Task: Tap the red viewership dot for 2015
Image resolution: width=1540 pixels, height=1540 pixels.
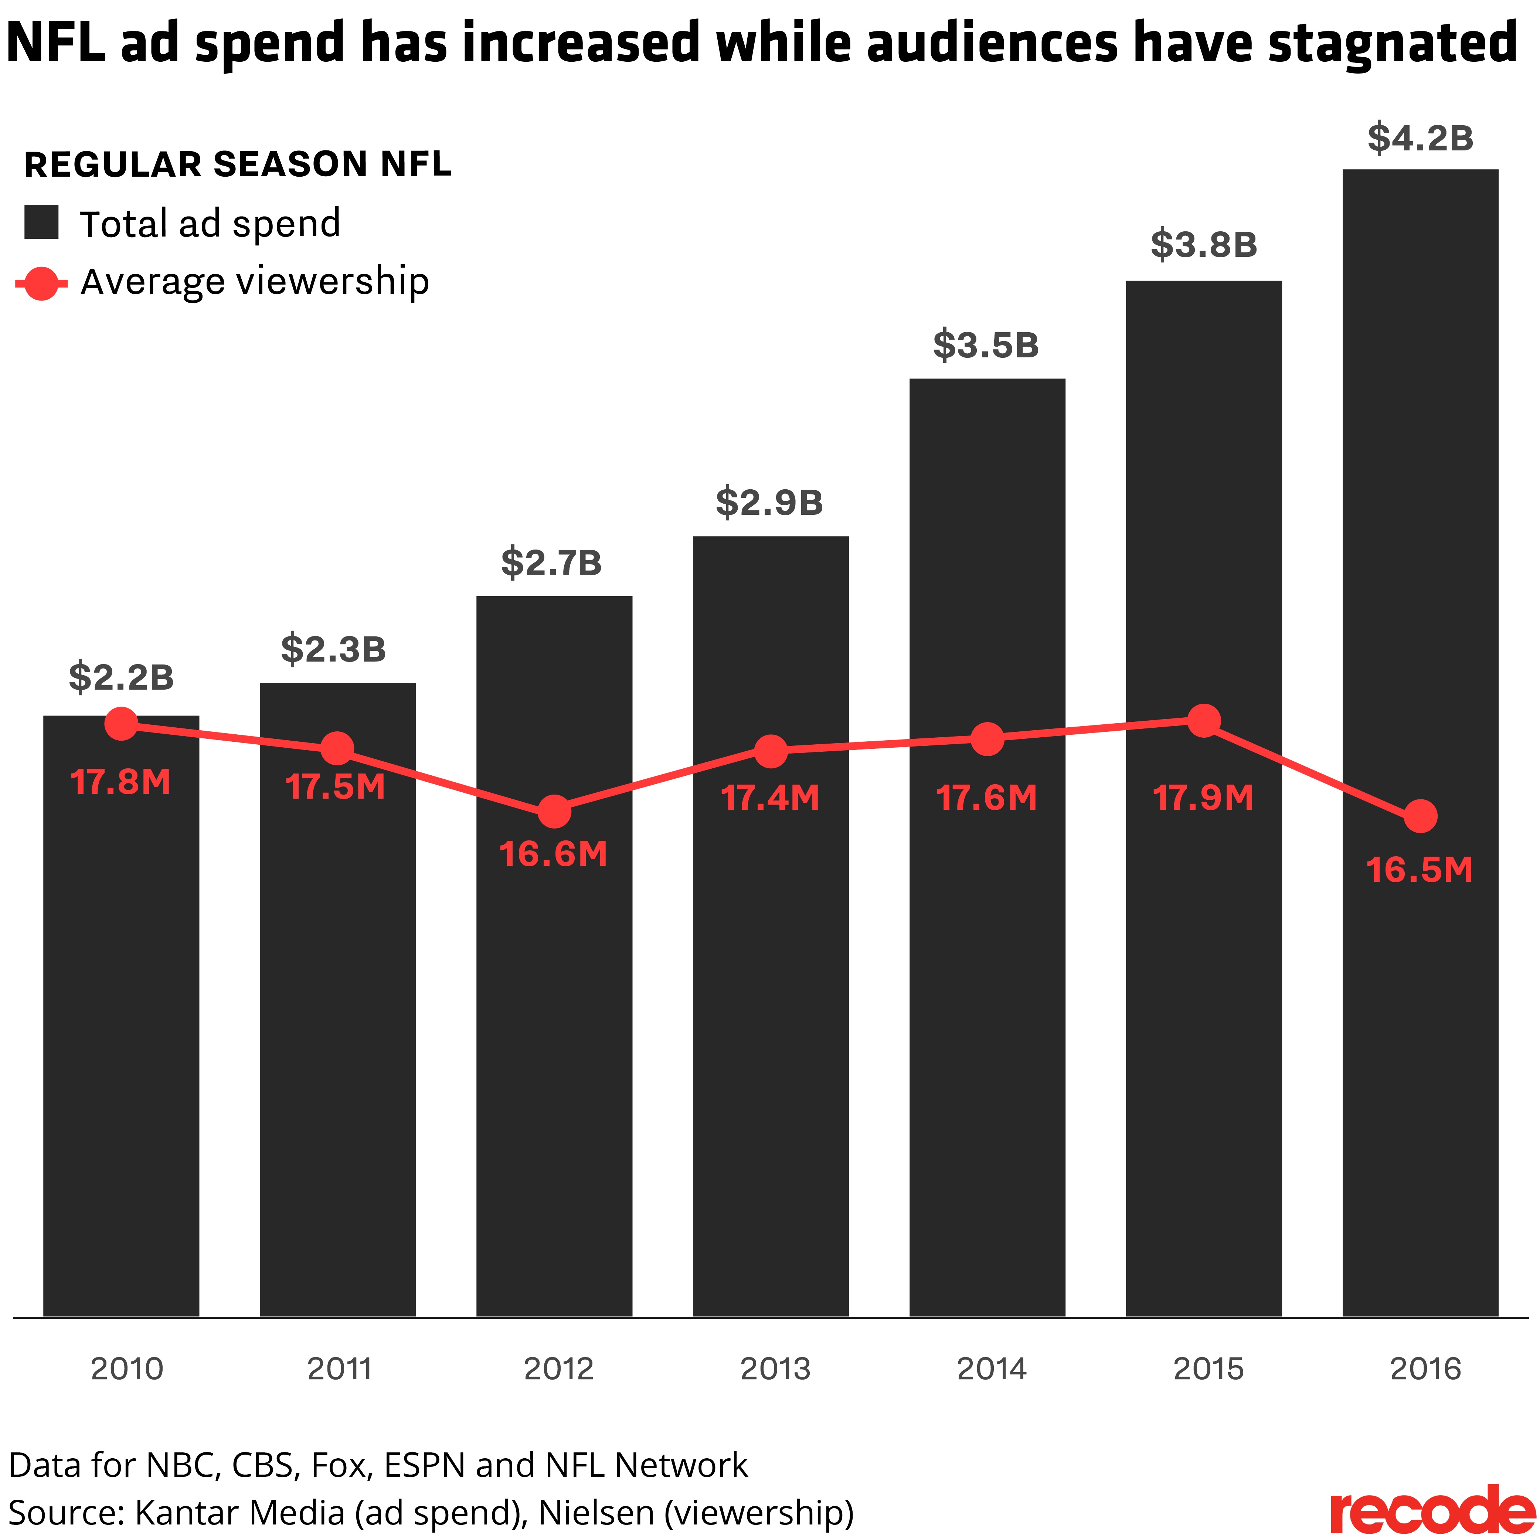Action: (x=1204, y=721)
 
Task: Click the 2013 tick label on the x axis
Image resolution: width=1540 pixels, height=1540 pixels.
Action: (x=775, y=1369)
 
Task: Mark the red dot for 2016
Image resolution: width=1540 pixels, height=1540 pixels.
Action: (x=1420, y=816)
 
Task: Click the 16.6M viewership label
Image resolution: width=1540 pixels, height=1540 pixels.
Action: (x=553, y=854)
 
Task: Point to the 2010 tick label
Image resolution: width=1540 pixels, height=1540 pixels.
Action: (x=127, y=1369)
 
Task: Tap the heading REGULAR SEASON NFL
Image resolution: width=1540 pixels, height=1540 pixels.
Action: (x=238, y=164)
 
